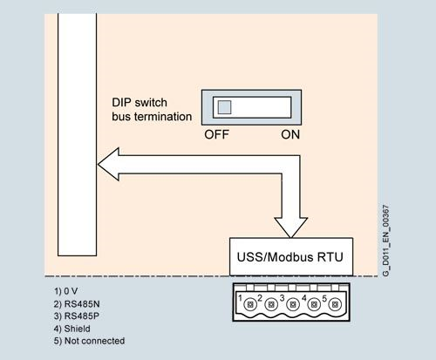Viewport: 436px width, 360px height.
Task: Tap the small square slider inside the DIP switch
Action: [224, 107]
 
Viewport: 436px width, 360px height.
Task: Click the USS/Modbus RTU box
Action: [291, 257]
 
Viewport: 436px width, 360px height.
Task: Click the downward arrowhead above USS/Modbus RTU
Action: [290, 221]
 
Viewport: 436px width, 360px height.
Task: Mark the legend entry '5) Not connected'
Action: [90, 341]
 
